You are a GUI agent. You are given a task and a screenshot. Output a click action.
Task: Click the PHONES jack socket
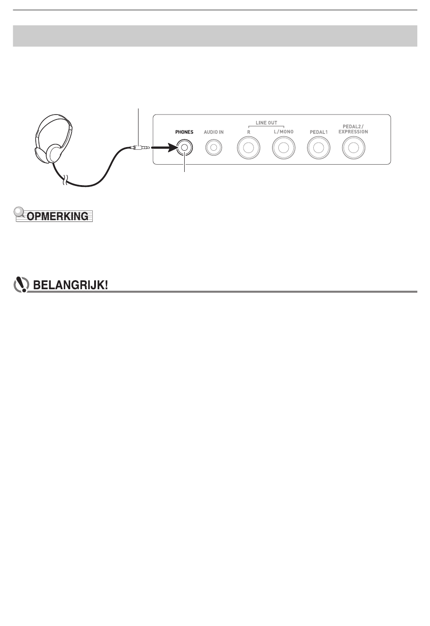tap(184, 147)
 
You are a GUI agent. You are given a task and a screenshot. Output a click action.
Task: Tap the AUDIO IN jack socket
tap(213, 147)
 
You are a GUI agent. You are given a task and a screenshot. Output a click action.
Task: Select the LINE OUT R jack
tap(248, 148)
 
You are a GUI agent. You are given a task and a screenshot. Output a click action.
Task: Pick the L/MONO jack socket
tap(283, 148)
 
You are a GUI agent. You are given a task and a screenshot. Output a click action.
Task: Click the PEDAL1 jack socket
tap(319, 148)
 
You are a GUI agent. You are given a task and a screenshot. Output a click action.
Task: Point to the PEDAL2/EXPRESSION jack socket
tap(354, 148)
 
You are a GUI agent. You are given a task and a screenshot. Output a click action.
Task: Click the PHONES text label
tap(184, 132)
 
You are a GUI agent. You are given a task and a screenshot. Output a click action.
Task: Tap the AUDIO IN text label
tap(213, 132)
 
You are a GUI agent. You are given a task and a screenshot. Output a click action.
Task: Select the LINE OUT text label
tap(266, 123)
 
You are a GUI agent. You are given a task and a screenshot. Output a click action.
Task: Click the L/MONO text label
tap(283, 132)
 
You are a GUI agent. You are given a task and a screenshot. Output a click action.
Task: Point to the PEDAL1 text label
tap(319, 132)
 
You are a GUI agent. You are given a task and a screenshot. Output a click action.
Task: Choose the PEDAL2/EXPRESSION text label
tap(355, 129)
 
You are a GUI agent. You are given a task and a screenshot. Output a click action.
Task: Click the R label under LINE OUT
tap(248, 132)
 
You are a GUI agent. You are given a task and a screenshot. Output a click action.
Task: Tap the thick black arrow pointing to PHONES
tap(163, 147)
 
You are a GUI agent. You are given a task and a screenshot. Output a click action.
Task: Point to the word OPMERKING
tap(57, 216)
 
